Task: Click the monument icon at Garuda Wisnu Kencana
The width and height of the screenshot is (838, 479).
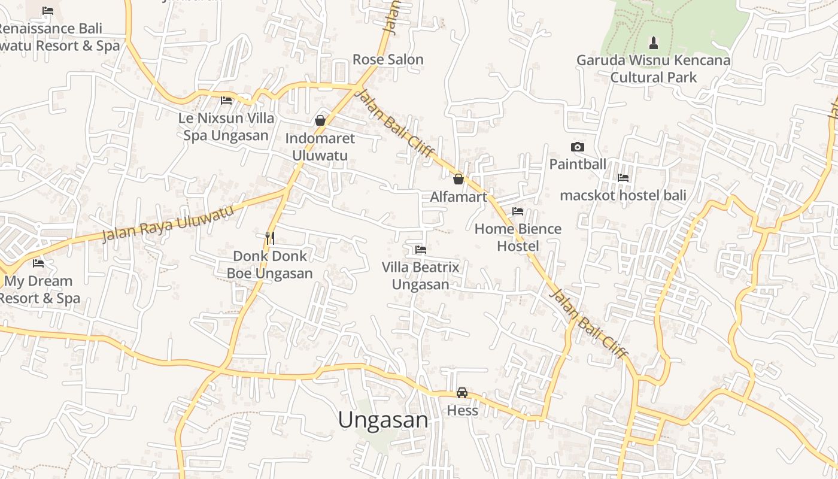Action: (653, 43)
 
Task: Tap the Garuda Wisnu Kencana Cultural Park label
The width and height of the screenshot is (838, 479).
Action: (653, 69)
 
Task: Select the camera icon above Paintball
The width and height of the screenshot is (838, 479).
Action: (577, 147)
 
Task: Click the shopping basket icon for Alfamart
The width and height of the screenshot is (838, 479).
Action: (459, 179)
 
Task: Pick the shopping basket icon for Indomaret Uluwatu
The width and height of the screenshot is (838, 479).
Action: (320, 120)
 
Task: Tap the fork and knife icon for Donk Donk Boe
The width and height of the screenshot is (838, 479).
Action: (270, 238)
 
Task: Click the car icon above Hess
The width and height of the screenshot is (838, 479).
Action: (462, 393)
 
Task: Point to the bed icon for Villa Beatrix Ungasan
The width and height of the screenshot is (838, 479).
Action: (421, 250)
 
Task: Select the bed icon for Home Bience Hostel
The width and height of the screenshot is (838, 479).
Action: (518, 211)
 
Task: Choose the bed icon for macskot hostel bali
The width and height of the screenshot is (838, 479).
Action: (623, 178)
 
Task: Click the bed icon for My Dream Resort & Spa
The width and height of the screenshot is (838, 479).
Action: (38, 263)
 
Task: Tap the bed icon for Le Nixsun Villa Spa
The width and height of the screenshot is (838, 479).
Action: (226, 100)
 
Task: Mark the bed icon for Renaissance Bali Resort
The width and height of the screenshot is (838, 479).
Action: (48, 11)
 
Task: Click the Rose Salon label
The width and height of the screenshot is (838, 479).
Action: (388, 60)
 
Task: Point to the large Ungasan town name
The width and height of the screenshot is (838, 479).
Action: (383, 420)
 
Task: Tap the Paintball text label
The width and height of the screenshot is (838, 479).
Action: (578, 164)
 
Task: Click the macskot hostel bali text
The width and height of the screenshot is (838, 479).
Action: (623, 195)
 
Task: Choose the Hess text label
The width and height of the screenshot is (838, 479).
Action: (462, 411)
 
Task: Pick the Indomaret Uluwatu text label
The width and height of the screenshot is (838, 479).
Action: (320, 147)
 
